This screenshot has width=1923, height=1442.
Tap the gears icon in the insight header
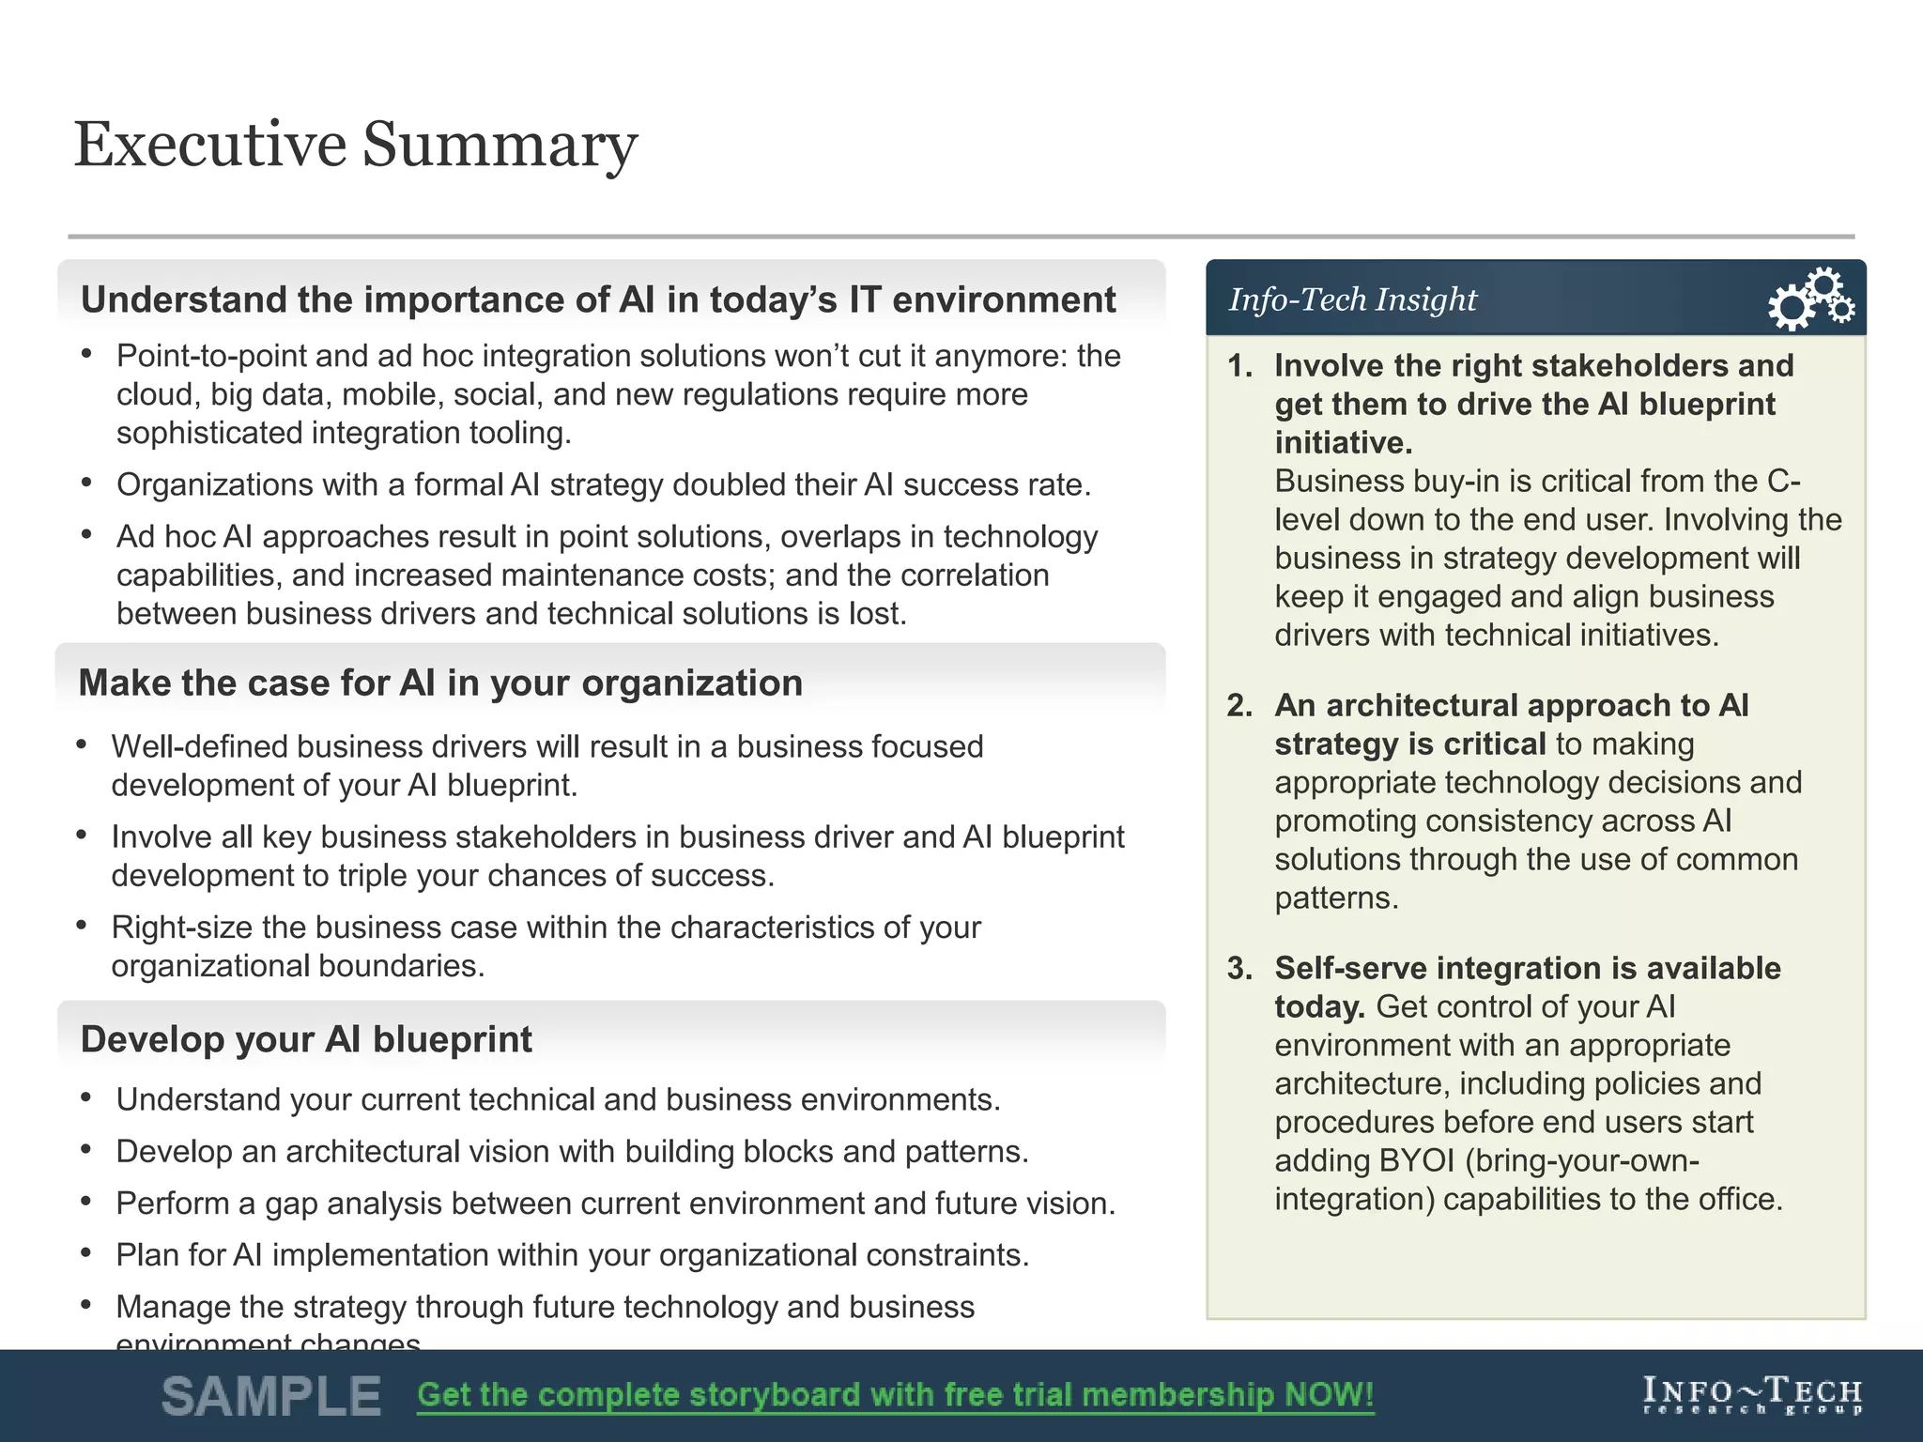pyautogui.click(x=1810, y=299)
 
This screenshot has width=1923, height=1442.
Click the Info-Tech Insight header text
pyautogui.click(x=1352, y=299)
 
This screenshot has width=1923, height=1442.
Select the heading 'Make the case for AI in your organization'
pyautogui.click(x=440, y=683)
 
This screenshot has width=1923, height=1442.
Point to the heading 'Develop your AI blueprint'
pyautogui.click(x=306, y=1039)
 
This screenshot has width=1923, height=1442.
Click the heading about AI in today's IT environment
pyautogui.click(x=598, y=299)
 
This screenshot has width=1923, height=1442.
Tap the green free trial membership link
pyautogui.click(x=895, y=1395)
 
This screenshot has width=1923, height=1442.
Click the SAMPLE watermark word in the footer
pyautogui.click(x=271, y=1396)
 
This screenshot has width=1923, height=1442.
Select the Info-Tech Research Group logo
pyautogui.click(x=1752, y=1395)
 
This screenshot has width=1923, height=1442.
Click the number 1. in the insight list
pyautogui.click(x=1240, y=365)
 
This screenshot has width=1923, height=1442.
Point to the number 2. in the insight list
pyautogui.click(x=1240, y=705)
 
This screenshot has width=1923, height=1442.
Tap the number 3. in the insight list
pyautogui.click(x=1240, y=968)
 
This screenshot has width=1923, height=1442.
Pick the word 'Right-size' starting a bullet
pyautogui.click(x=182, y=927)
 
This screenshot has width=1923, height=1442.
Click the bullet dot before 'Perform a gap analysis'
pyautogui.click(x=86, y=1201)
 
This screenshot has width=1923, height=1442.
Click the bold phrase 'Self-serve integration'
pyautogui.click(x=1438, y=968)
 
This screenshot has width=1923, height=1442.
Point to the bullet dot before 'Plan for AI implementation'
pyautogui.click(x=86, y=1252)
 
